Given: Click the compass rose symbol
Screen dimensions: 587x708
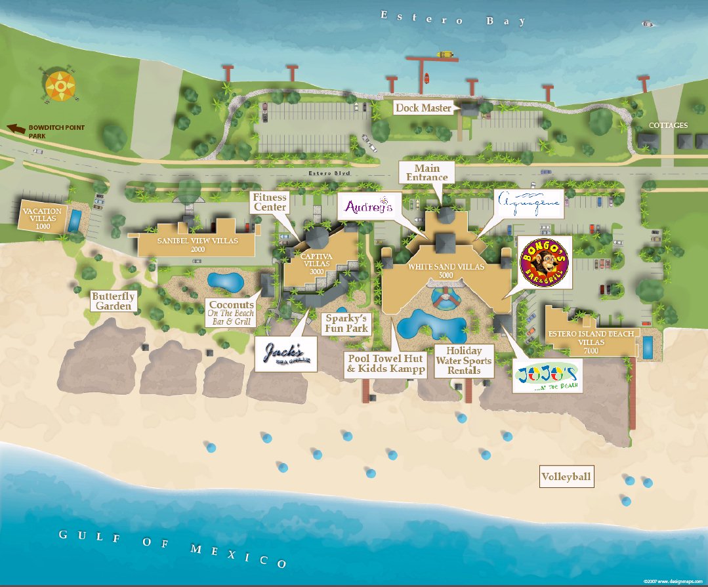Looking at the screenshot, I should tap(60, 83).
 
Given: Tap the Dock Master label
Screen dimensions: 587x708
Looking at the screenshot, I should tap(424, 108).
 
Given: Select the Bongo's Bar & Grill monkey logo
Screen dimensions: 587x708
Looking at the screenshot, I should tap(545, 262).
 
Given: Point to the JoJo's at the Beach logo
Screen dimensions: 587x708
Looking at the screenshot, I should tap(547, 376).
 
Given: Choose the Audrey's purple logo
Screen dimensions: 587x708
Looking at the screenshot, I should tap(368, 207).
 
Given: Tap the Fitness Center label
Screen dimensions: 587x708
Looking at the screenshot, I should tap(270, 202).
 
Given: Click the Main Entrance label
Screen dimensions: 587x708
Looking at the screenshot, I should tap(427, 172).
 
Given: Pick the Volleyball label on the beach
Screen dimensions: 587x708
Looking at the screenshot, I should tap(566, 477).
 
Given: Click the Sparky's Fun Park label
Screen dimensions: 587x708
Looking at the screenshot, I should tap(346, 323).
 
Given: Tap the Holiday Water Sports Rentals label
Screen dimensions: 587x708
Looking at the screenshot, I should tap(469, 361).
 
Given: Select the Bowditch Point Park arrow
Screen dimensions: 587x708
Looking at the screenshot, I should tap(14, 129).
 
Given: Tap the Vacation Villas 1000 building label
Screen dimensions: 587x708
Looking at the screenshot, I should tap(43, 218).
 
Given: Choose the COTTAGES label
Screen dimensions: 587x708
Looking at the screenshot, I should tap(668, 125).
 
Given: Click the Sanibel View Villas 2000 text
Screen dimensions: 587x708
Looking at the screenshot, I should tap(197, 245).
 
